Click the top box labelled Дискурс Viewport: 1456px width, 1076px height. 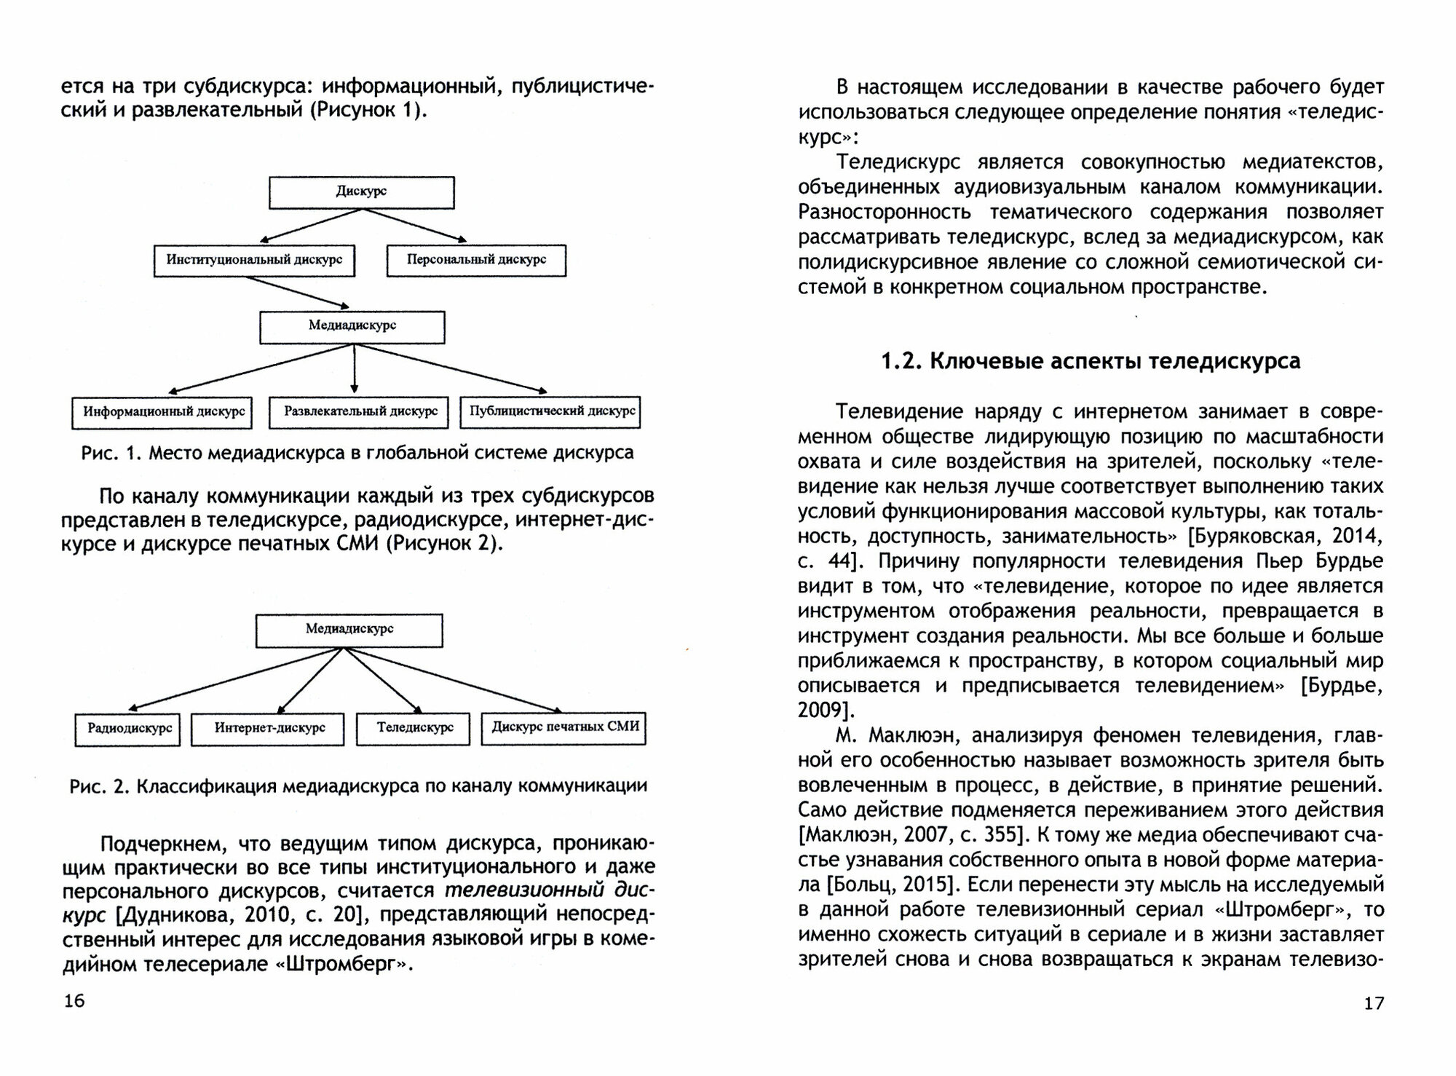[362, 192]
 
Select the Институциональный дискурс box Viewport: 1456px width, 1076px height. [254, 260]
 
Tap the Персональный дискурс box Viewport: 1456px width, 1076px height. [476, 260]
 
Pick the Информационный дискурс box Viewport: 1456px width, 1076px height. [162, 412]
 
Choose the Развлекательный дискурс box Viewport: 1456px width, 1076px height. [360, 412]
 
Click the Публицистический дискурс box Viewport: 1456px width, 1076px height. [551, 412]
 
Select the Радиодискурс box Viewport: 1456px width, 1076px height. [128, 728]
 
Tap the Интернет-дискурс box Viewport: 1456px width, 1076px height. [268, 728]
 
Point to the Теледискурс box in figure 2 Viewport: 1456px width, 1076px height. [414, 728]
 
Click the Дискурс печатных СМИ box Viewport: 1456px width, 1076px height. [564, 727]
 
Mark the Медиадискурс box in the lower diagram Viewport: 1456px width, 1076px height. [349, 630]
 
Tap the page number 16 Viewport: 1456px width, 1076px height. [74, 1001]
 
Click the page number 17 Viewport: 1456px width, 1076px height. [1373, 1002]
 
